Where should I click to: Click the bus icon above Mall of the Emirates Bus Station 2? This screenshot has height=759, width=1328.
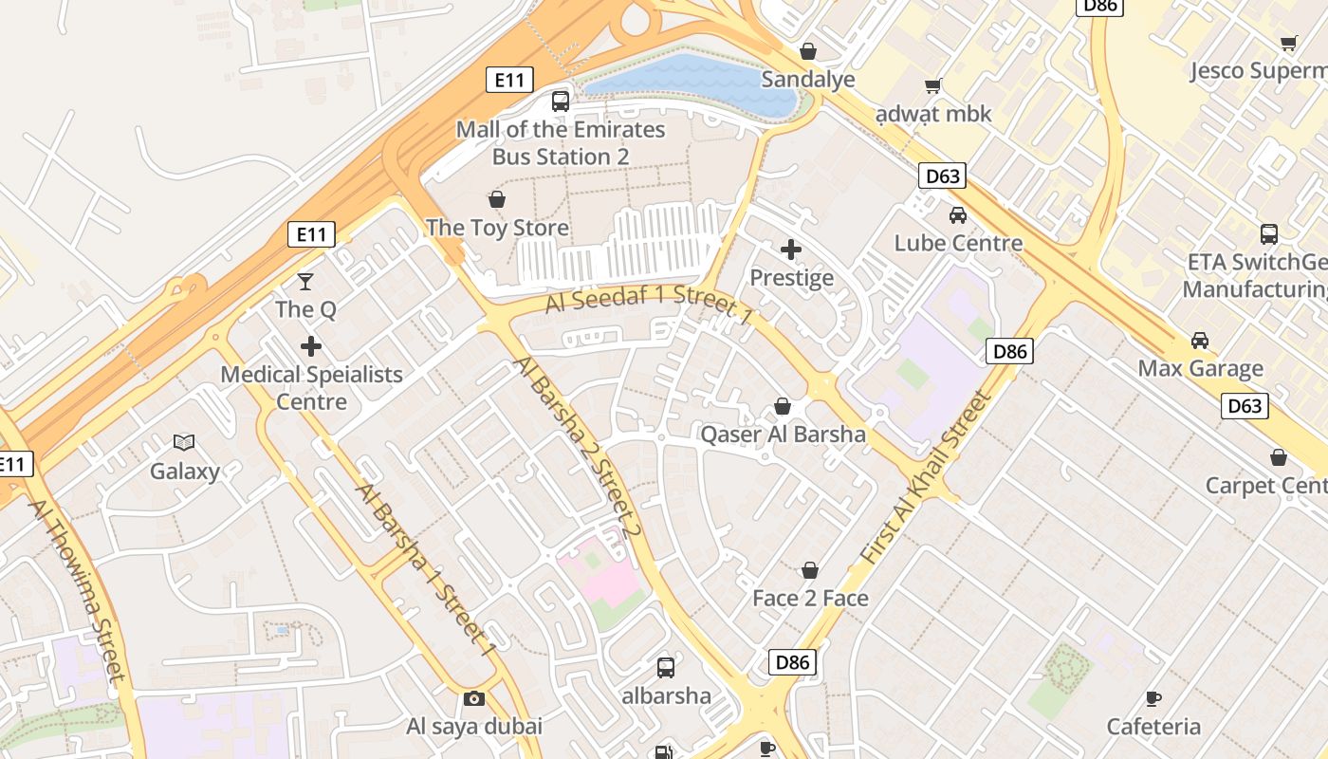561,101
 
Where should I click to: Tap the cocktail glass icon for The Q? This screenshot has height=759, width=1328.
305,281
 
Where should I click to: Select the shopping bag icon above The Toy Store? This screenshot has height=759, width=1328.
496,199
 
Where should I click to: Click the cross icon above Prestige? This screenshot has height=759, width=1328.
790,250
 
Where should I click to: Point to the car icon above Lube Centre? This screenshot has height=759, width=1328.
958,215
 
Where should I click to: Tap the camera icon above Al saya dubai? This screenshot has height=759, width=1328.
474,699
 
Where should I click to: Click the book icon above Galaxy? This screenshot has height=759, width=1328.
184,442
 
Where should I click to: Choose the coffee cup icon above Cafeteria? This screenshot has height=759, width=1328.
1153,699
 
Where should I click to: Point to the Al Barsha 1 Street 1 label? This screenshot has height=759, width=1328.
426,569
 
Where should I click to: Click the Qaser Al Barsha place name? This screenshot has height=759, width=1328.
783,435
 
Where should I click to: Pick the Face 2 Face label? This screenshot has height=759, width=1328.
810,599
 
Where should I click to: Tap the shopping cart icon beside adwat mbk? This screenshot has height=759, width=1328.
933,86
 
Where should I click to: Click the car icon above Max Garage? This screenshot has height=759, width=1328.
1200,341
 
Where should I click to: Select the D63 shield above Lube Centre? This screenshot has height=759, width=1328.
942,176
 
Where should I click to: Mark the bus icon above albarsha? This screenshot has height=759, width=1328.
666,668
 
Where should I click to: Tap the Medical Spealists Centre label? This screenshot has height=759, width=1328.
311,388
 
